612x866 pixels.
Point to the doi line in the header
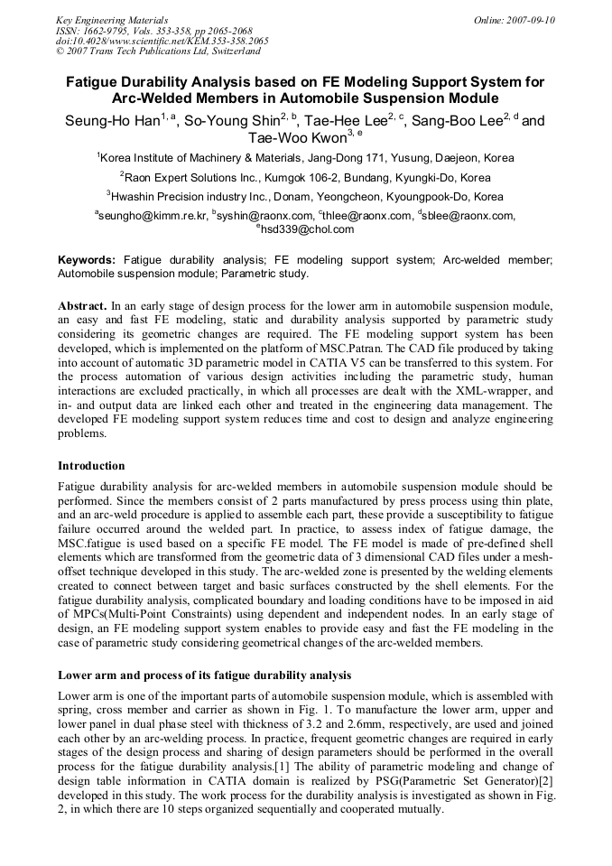[162, 41]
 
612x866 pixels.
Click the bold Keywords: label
[87, 260]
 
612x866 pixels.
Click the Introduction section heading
[91, 466]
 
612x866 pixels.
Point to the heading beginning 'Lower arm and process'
[204, 675]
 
